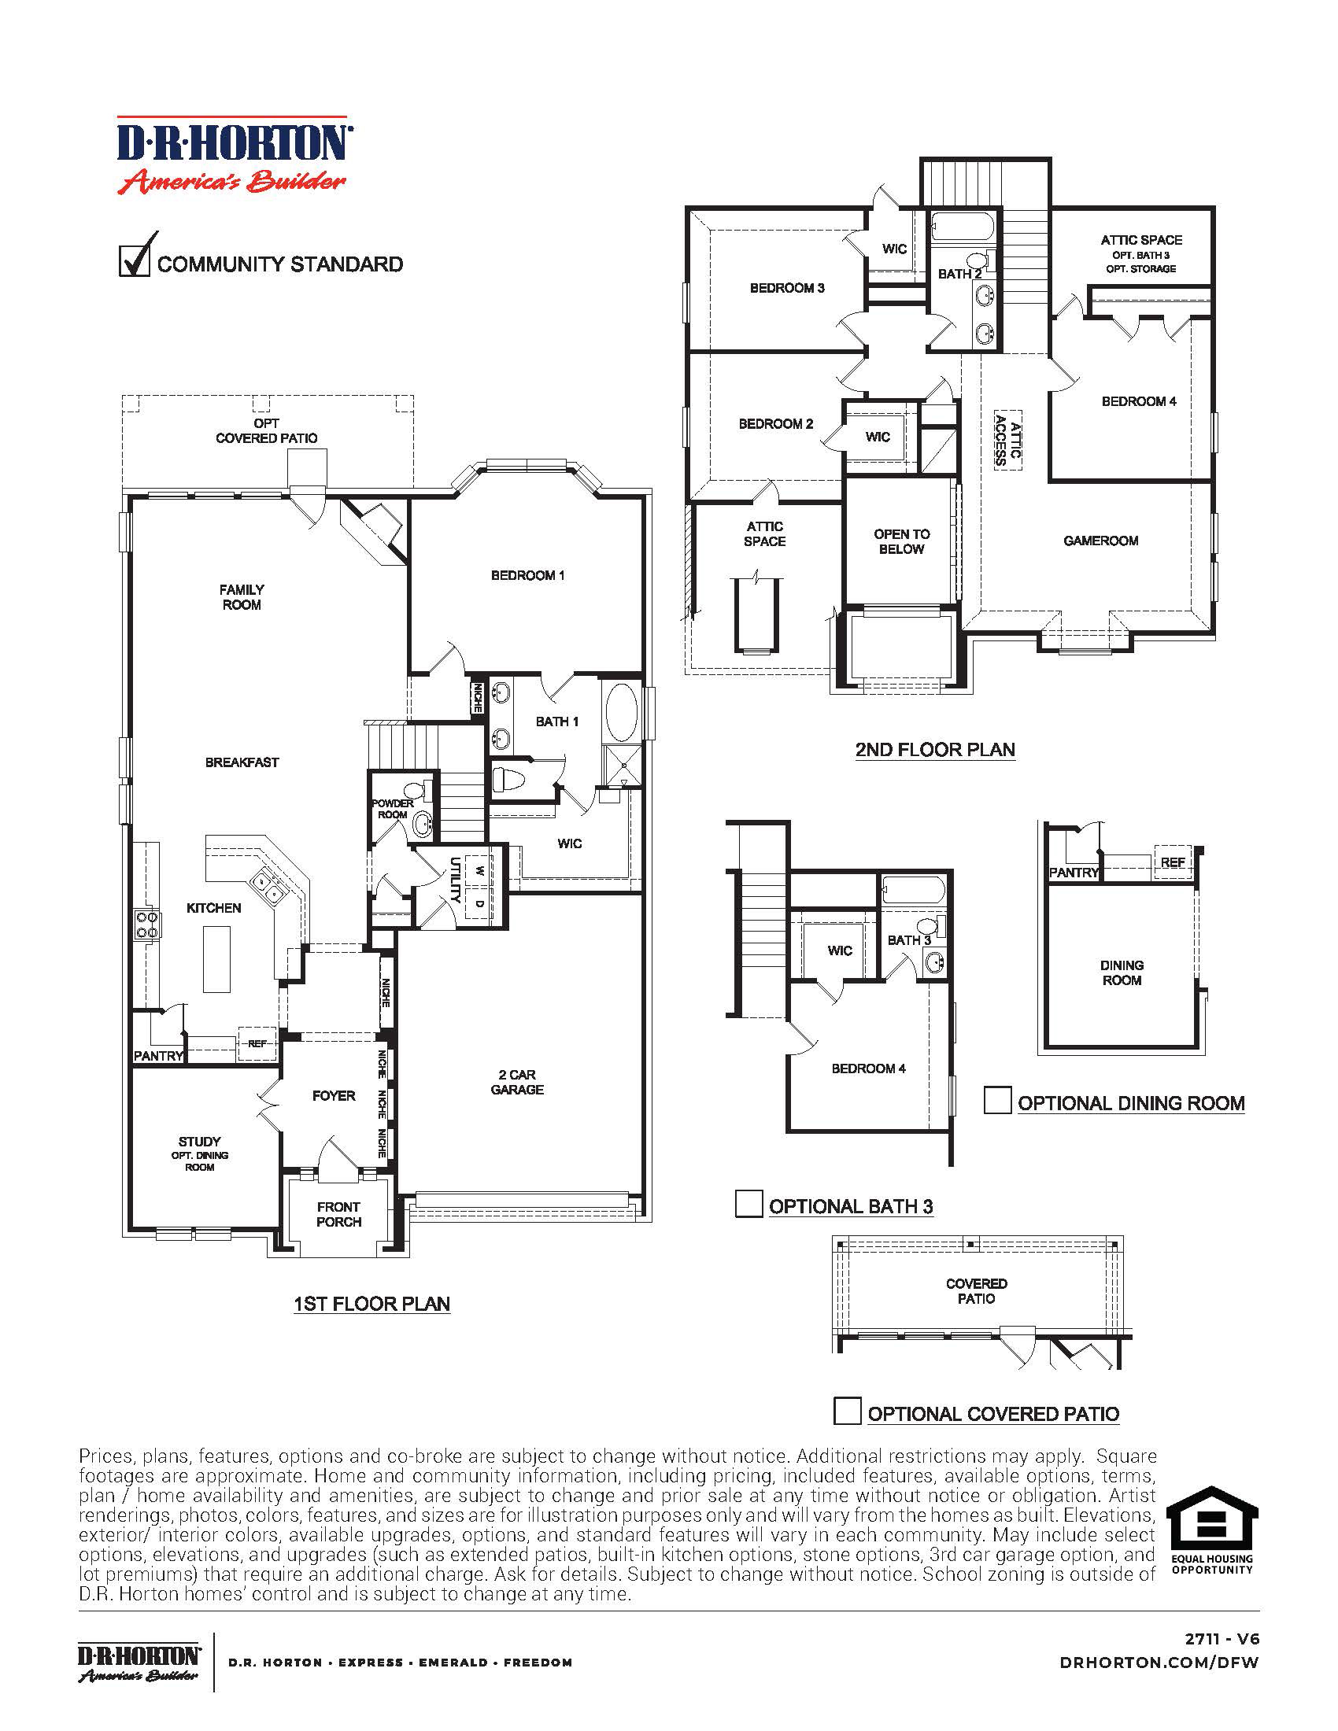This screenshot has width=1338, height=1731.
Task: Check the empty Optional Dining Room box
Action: (997, 1101)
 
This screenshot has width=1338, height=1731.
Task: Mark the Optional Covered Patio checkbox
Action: (848, 1412)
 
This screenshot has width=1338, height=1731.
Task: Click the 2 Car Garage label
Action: (517, 1082)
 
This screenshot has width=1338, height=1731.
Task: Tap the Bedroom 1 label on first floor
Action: (528, 575)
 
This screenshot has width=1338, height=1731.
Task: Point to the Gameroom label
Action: (1100, 541)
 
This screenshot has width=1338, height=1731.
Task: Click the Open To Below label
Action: (901, 541)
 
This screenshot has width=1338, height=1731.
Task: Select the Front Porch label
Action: (338, 1214)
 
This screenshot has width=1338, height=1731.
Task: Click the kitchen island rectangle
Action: (216, 958)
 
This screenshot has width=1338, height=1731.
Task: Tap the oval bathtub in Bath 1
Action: (624, 712)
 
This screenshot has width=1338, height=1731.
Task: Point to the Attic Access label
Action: (1008, 440)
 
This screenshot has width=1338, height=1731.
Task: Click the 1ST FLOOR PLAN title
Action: (371, 1304)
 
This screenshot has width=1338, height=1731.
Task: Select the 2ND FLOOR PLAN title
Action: (935, 749)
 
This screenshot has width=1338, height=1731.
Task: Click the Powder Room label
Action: (393, 808)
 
